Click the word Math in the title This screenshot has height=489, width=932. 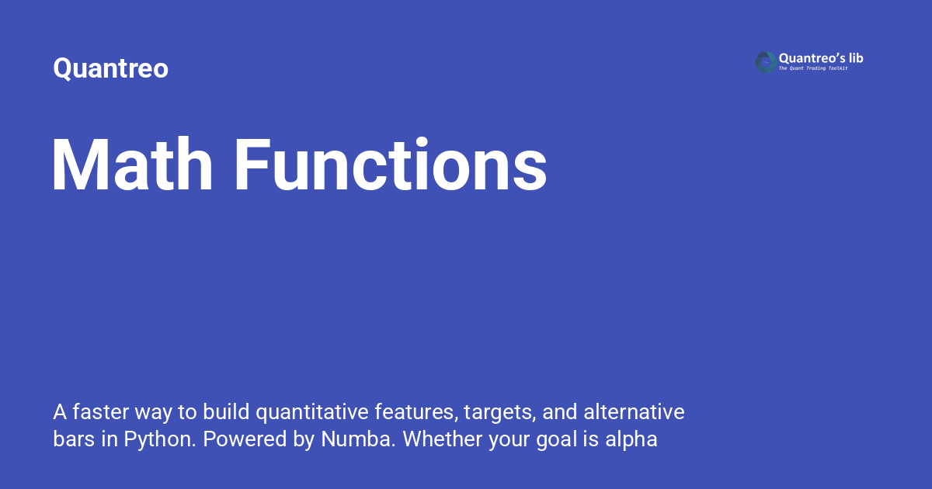tap(132, 165)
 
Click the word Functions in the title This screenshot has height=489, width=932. tap(391, 165)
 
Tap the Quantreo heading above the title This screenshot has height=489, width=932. tap(110, 68)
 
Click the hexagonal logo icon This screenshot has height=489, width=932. tap(766, 62)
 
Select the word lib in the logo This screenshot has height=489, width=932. tap(854, 58)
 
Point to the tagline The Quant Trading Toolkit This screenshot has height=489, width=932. tap(813, 68)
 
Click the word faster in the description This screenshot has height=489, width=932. tap(101, 412)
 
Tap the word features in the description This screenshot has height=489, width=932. tap(416, 413)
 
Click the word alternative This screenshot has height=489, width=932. tap(634, 412)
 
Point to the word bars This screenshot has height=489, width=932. tap(74, 439)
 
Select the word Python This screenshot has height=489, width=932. tap(160, 440)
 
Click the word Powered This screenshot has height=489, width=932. tap(245, 439)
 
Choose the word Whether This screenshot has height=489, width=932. tap(442, 439)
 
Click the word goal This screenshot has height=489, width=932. tap(556, 441)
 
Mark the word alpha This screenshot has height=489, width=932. tap(631, 440)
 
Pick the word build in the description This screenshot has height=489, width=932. tap(226, 412)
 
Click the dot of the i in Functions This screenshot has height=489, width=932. tap(422, 142)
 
